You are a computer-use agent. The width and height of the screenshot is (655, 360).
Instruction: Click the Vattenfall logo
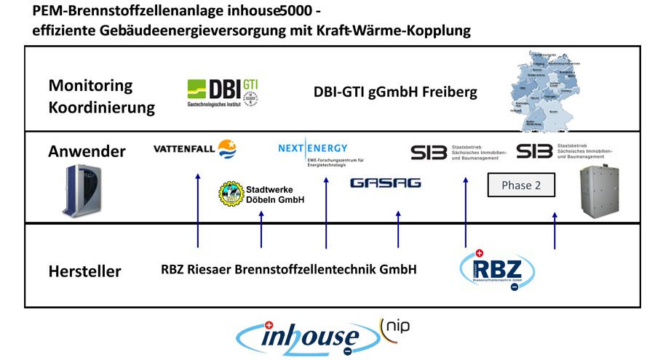click(x=194, y=150)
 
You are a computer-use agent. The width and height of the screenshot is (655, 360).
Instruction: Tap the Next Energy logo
click(x=314, y=149)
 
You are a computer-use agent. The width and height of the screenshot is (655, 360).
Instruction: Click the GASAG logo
click(x=385, y=183)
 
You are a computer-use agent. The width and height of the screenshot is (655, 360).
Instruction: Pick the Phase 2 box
click(x=521, y=185)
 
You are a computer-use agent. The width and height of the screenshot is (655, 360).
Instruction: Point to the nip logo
click(x=394, y=325)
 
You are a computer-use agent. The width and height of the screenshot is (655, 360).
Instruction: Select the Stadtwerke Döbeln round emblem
click(x=231, y=194)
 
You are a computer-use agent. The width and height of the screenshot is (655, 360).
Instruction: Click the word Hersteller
click(x=84, y=272)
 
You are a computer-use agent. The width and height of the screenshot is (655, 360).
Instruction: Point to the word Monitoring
click(x=90, y=85)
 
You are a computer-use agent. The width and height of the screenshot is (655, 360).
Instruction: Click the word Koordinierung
click(x=101, y=108)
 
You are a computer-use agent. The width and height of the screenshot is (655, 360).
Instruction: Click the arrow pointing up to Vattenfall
click(x=198, y=210)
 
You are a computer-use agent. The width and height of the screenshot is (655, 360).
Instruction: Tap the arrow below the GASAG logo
click(x=397, y=229)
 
